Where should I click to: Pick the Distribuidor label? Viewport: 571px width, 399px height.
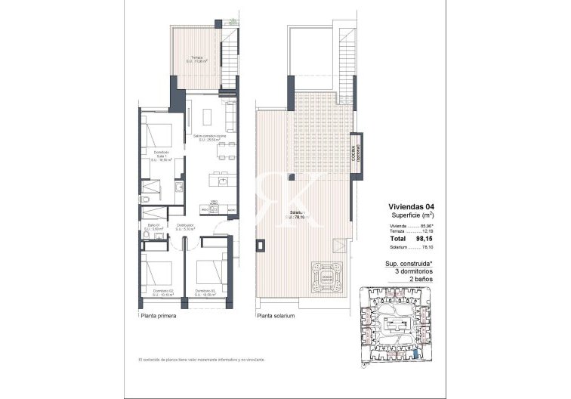coord(184,227)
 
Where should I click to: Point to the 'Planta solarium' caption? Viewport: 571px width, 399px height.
coord(276,317)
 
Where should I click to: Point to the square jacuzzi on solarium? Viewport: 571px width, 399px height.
coord(326,274)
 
